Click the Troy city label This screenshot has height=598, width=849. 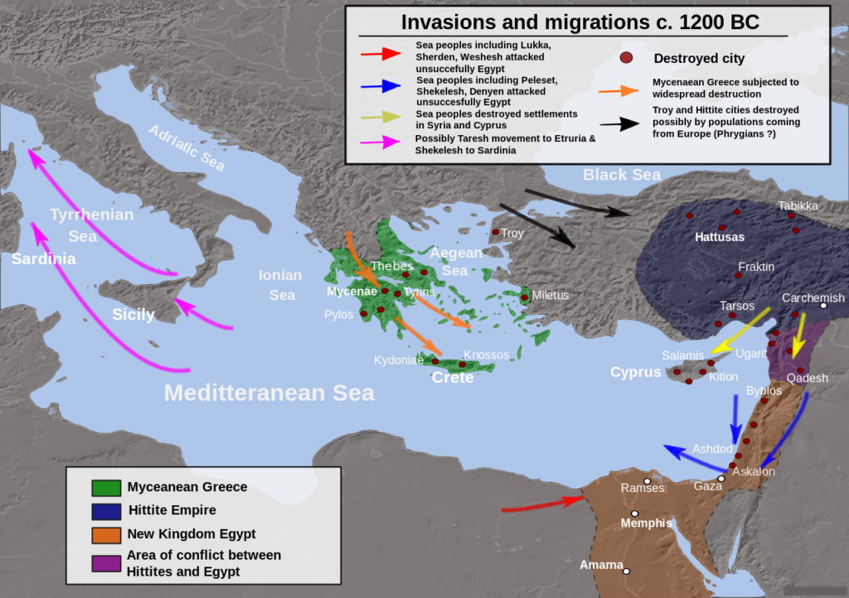click(x=512, y=233)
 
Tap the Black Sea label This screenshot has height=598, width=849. click(x=622, y=175)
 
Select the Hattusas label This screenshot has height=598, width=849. click(x=720, y=238)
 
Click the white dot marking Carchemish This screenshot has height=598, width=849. click(x=823, y=306)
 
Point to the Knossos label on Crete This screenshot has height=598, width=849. click(x=486, y=354)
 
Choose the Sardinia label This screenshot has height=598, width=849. click(x=43, y=259)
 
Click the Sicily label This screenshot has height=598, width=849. click(x=133, y=315)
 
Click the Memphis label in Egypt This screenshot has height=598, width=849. click(x=646, y=523)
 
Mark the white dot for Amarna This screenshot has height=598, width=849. click(x=628, y=571)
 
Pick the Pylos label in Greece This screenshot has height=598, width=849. click(x=338, y=315)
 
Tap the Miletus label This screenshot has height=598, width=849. click(x=551, y=295)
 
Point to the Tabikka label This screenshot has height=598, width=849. click(x=798, y=205)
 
